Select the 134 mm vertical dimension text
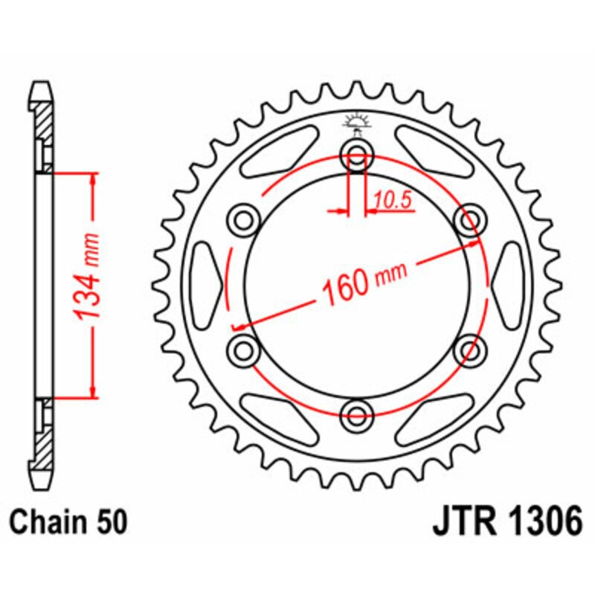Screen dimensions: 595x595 [x=88, y=286]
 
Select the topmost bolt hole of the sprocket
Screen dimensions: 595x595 [x=356, y=155]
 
